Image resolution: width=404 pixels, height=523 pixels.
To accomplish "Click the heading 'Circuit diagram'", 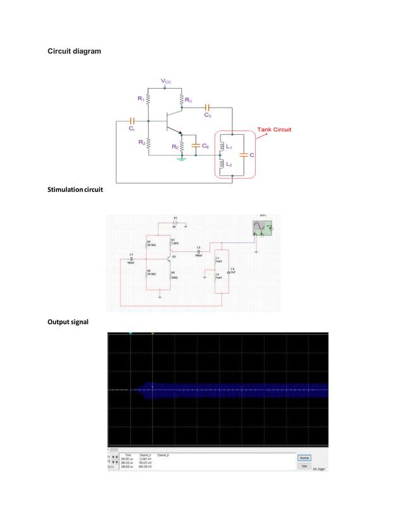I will (74, 51).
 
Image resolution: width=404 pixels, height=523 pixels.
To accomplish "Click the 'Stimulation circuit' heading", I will (75, 189).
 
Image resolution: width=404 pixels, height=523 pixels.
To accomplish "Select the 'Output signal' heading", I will (66, 322).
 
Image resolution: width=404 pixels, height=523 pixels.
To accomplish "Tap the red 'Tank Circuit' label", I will (274, 129).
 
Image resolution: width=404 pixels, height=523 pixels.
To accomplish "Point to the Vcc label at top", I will (166, 82).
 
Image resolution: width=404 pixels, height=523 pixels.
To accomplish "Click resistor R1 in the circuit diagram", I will (148, 99).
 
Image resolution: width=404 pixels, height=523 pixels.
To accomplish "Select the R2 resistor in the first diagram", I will (148, 142).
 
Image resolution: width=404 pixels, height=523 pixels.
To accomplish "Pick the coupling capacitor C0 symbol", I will (207, 108).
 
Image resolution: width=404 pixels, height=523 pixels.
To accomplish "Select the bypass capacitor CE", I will (196, 146).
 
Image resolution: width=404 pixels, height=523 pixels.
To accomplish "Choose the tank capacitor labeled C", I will (244, 155).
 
